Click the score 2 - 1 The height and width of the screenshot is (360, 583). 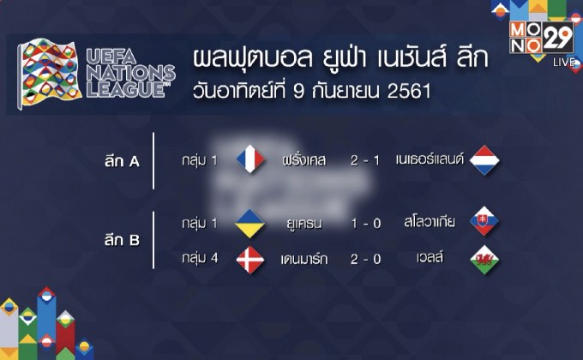(366, 160)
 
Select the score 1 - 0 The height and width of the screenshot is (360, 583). (366, 223)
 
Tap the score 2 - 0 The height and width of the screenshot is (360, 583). (366, 259)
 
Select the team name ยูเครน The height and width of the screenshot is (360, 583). (304, 223)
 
